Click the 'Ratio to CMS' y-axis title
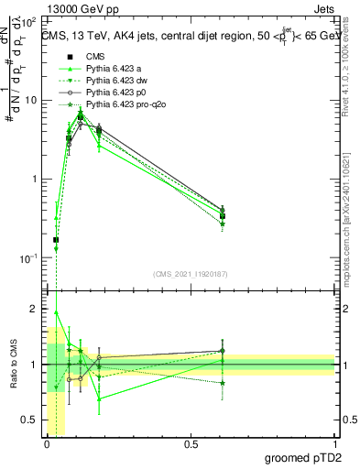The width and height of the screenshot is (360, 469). tap(13, 365)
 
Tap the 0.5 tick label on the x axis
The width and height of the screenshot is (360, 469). tap(191, 444)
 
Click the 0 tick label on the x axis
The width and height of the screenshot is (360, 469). tap(47, 444)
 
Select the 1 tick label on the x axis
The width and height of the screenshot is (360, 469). tap(334, 444)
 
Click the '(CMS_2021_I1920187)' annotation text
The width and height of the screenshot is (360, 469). tap(191, 273)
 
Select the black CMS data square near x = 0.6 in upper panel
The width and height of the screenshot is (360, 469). tap(222, 216)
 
